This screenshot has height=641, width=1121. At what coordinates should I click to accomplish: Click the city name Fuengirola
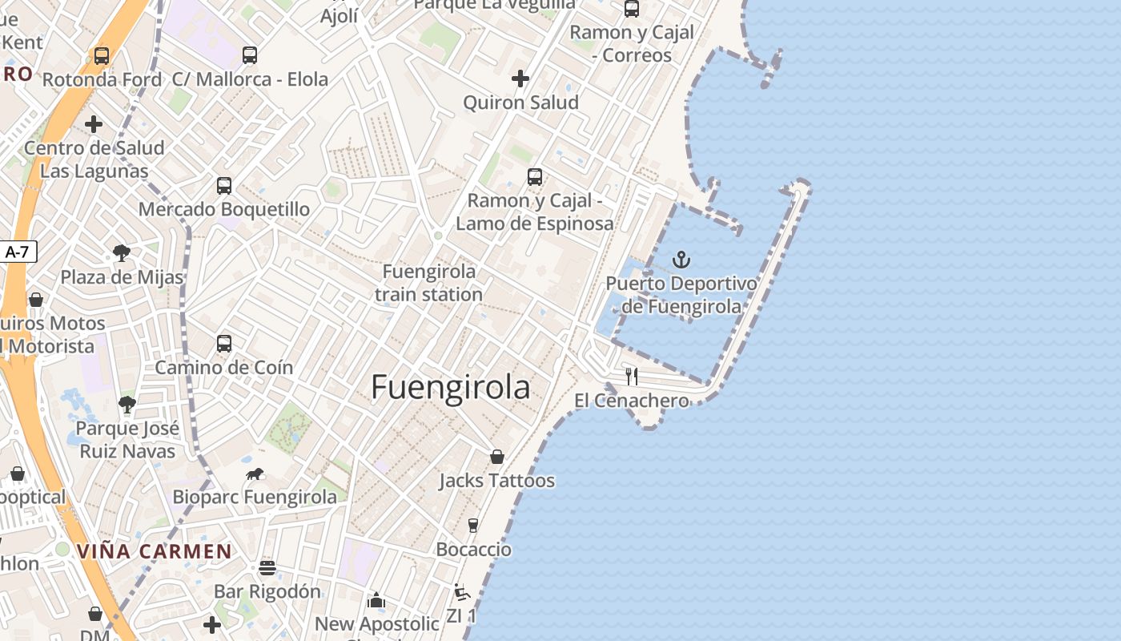coord(451,388)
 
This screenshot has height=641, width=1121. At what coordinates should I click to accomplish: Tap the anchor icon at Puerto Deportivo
coord(681,259)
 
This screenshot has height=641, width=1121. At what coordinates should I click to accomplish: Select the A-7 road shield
coord(17,252)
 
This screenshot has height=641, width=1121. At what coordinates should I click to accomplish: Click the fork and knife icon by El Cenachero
coord(632,376)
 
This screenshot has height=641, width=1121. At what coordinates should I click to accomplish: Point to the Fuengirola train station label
coord(428,283)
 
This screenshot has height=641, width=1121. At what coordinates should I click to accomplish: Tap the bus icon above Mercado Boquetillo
coord(224,186)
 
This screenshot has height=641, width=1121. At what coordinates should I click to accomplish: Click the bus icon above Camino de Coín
coord(224,344)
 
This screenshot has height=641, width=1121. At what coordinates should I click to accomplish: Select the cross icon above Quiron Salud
coord(520,79)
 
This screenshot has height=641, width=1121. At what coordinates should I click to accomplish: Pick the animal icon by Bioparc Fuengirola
coord(255,474)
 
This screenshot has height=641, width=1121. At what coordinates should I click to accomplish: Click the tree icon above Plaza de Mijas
coord(122,254)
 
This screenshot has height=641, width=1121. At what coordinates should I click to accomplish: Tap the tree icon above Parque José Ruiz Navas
coord(127,404)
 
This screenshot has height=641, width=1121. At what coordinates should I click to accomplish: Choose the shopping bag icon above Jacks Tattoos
coord(497,457)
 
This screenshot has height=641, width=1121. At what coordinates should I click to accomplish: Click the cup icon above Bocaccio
coord(473,526)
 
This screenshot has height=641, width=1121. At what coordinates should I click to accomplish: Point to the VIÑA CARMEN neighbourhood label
coord(155,551)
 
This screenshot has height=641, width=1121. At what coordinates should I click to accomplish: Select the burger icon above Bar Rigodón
coord(267,568)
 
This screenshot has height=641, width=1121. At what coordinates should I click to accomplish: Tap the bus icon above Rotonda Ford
coord(102,56)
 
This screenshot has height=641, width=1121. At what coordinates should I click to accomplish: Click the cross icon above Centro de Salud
coord(94,124)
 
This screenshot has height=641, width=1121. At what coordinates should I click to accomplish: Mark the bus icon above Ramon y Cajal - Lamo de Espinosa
coord(535,177)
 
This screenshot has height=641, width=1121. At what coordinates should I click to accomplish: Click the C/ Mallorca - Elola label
coord(251,79)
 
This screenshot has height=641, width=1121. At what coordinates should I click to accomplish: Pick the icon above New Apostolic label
coord(376,600)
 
